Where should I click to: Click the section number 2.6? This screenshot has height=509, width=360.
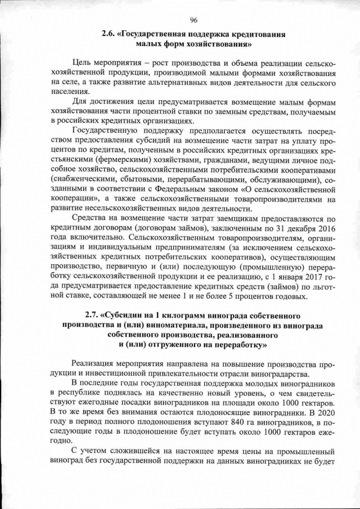coord(107,34)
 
